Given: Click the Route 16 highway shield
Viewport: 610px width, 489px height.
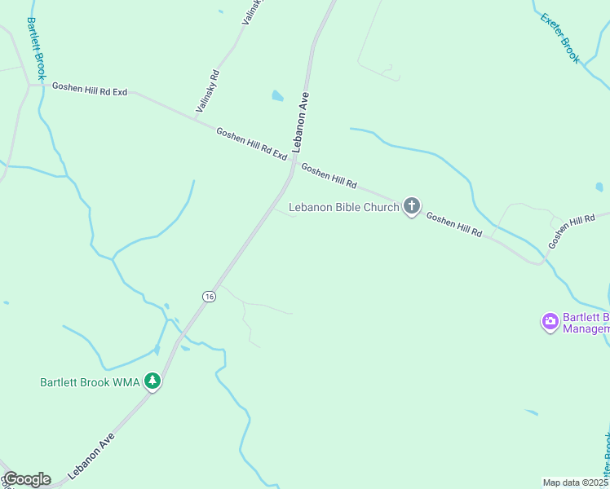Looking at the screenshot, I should [210, 297].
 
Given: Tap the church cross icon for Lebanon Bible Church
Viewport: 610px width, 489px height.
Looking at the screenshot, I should [412, 206].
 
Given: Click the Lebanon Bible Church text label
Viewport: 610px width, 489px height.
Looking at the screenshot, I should [344, 207].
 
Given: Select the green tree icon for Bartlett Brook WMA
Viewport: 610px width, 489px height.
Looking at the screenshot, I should [152, 381].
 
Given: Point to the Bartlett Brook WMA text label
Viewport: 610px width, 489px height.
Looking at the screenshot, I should [90, 381].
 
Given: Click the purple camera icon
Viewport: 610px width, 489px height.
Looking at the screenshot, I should [550, 322].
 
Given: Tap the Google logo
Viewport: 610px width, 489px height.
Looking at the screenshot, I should [26, 479].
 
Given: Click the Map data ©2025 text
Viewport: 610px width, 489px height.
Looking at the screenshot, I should [576, 482].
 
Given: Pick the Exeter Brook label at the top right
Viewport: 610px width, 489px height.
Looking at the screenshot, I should [560, 37].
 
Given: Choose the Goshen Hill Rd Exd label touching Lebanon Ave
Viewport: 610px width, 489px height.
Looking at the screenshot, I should [252, 143].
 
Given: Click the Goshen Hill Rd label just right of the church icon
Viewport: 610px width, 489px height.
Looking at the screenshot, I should [454, 225].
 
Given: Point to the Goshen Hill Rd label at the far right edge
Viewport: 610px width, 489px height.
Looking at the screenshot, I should [572, 231].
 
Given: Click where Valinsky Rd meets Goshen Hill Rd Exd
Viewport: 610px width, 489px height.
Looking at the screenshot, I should [197, 117].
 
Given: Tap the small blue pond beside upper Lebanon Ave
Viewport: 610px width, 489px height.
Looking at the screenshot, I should [278, 95].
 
